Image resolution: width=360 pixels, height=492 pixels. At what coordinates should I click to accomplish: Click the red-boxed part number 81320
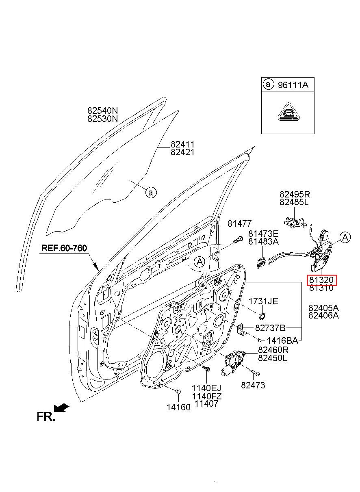click(x=321, y=280)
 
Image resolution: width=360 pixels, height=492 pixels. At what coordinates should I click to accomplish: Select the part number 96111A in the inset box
click(x=293, y=85)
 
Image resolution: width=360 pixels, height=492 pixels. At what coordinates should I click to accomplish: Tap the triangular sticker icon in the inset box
click(x=288, y=112)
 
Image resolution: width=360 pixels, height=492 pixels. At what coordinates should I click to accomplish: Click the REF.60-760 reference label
click(x=64, y=248)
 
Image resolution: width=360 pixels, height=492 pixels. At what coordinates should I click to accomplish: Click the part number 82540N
click(x=102, y=110)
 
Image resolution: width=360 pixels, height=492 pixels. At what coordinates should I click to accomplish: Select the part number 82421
click(x=182, y=152)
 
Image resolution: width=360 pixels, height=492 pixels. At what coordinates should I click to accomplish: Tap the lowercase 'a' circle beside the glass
click(x=151, y=193)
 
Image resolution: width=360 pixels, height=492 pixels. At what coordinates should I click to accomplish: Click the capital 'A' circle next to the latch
click(x=345, y=237)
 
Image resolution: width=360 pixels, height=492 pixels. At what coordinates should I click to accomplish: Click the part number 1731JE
click(x=263, y=301)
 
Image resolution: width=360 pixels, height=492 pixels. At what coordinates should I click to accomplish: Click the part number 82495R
click(x=295, y=194)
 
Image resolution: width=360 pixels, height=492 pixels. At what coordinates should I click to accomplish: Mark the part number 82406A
click(x=323, y=316)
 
